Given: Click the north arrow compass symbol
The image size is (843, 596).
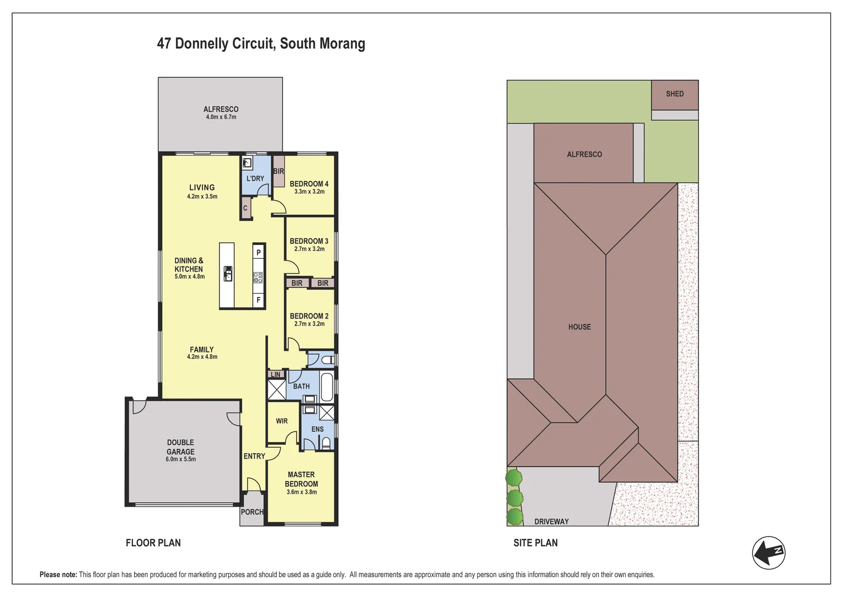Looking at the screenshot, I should point(769,552).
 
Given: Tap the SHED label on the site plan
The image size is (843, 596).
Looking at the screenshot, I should point(674,94).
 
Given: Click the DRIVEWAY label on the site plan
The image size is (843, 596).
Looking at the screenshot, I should point(551,521).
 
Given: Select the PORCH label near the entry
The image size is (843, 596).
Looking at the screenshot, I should point(252,512).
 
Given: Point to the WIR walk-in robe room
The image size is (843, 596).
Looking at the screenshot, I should point(282,421).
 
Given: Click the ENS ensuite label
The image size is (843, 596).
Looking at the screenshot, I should point(317,429).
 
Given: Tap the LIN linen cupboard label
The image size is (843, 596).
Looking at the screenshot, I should point(275,375).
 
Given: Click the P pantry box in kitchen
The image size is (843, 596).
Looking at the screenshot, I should point(258,252).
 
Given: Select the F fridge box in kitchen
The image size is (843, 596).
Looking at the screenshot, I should point(258,300).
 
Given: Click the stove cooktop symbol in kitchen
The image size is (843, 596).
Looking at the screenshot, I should point(258,278).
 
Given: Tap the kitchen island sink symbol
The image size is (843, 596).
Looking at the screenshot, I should point(227,273).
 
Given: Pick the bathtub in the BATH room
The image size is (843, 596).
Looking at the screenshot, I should point(327,387).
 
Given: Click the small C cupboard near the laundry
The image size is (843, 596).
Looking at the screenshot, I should point(246,208).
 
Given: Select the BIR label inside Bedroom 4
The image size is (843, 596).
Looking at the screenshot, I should point(279,171).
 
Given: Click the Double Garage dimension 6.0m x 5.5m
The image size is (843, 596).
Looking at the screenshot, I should point(180,459).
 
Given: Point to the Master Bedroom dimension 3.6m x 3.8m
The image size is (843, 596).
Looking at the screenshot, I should point(301,492).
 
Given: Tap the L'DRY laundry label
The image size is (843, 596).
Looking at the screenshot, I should point(255,178).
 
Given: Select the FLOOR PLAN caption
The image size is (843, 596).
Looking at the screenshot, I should point(153,543).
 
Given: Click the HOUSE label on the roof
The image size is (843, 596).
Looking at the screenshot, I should point(579,327).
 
